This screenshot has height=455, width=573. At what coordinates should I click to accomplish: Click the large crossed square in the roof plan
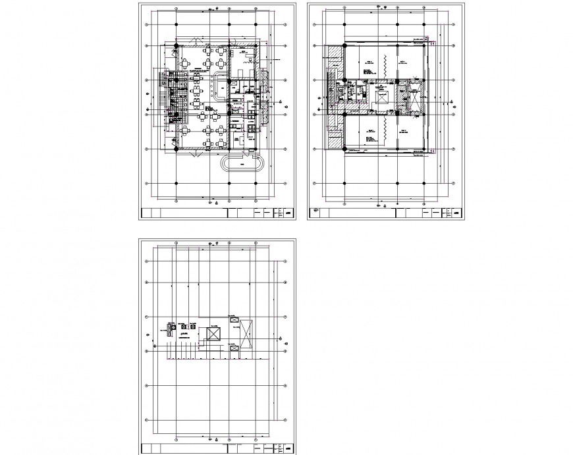click(213, 333)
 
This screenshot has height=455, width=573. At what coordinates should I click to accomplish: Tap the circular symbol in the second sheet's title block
click(315, 212)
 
